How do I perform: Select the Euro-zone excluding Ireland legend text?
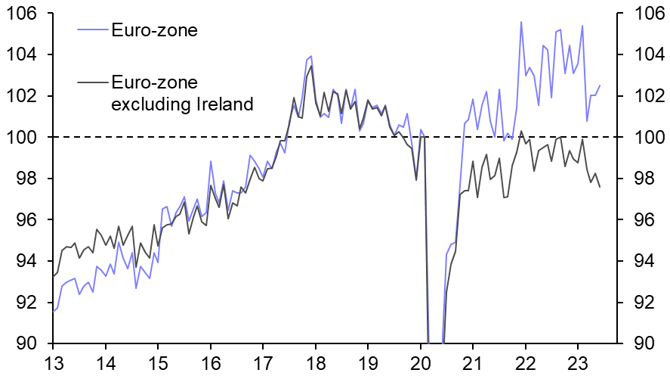coord(181,93)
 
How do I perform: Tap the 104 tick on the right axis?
coord(641,55)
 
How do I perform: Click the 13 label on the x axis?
coord(54,362)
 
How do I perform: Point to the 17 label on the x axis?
coord(263,362)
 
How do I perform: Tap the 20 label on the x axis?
coord(420,362)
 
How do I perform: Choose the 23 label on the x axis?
coord(577,362)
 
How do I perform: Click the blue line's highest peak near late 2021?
coord(521,22)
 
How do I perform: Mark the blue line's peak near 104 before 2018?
coord(310,56)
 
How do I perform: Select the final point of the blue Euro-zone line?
coord(600,85)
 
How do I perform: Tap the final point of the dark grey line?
coord(600,187)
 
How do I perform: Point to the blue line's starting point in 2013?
coord(54,311)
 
